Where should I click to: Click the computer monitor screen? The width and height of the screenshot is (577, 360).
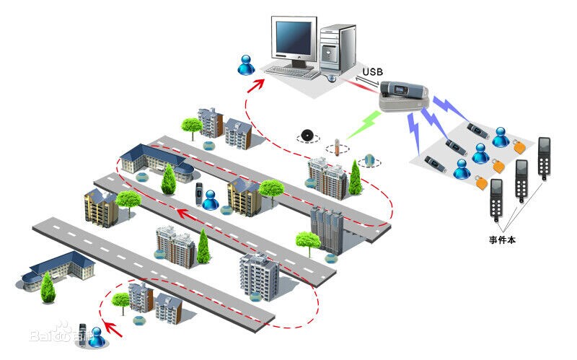(295, 36)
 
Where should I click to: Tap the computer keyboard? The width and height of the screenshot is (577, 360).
(291, 71)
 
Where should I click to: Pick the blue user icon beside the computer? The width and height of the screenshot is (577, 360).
(246, 65)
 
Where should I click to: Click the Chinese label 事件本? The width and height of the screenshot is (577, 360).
(504, 237)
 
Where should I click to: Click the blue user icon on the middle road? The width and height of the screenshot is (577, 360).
(210, 199)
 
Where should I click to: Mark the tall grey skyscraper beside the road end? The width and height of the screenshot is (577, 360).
(327, 231)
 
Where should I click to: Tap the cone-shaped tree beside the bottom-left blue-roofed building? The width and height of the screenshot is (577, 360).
(48, 289)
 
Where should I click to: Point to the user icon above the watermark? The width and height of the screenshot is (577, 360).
(95, 334)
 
